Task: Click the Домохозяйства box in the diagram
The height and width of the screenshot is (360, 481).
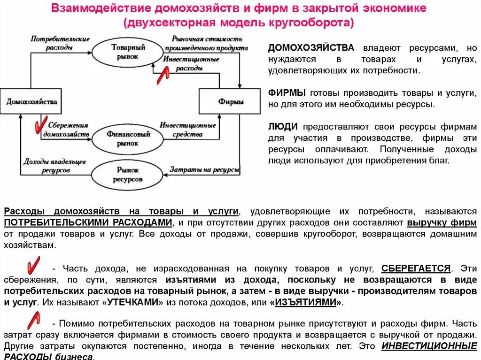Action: tap(31, 101)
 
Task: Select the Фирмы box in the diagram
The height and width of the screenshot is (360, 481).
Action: tap(230, 101)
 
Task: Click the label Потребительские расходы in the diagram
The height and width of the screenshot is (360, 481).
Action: tap(60, 43)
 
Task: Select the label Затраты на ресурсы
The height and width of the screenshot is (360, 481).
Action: tap(204, 169)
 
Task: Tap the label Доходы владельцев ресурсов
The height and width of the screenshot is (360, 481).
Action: tap(54, 166)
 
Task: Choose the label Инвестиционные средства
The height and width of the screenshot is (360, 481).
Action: tap(187, 130)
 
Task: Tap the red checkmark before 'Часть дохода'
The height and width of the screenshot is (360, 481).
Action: tap(33, 265)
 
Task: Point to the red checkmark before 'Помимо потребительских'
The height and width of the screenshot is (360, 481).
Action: tap(33, 321)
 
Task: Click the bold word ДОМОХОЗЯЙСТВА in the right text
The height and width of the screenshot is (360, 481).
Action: tap(311, 48)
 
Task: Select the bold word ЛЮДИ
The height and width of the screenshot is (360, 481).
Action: tap(283, 127)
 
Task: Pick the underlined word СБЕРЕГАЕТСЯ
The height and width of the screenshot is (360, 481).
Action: tap(416, 268)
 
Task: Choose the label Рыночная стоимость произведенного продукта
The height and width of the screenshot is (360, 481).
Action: tap(207, 43)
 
